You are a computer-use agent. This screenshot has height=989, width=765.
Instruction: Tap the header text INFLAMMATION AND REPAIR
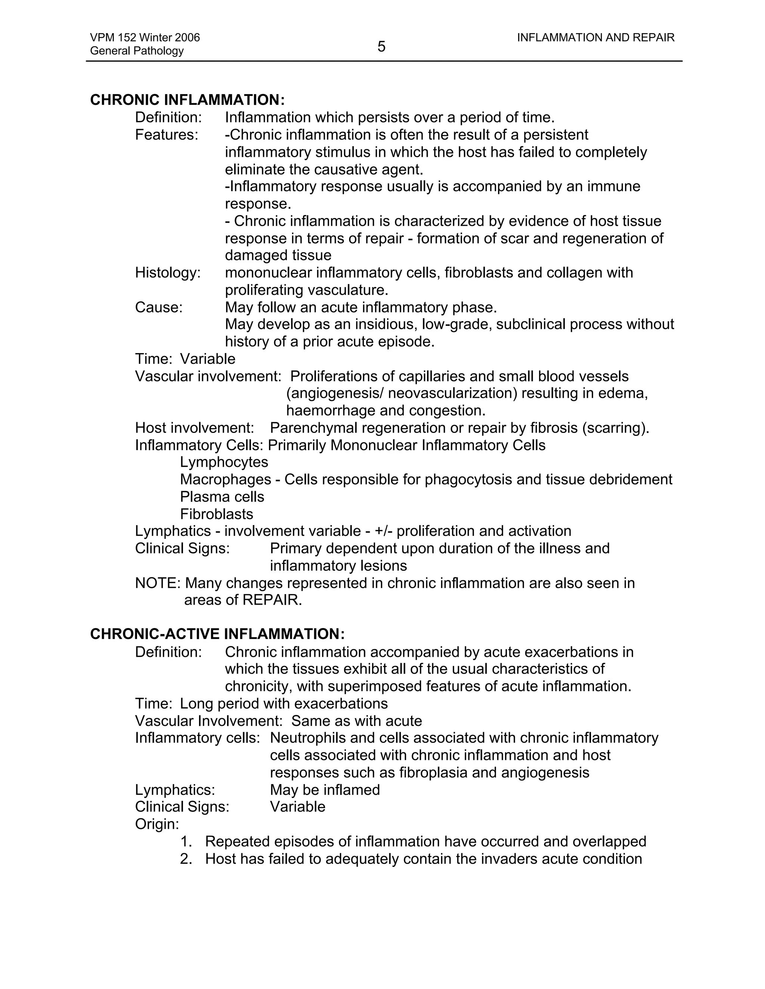[595, 38]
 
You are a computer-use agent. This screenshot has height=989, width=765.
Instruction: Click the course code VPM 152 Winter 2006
[145, 38]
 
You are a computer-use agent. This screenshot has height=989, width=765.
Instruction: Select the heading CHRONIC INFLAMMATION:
[187, 100]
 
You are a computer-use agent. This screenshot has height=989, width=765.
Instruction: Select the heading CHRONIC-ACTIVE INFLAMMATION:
[217, 634]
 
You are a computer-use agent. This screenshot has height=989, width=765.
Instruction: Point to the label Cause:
[159, 308]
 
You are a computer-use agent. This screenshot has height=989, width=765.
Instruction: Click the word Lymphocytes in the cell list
[224, 462]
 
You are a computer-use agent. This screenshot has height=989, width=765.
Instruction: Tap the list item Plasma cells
[222, 497]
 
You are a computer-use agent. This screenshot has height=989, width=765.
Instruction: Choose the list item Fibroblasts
[216, 514]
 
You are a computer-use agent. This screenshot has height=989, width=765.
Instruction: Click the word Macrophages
[225, 479]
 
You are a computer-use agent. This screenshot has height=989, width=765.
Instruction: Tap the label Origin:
[157, 824]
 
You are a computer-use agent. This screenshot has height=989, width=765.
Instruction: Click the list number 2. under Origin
[186, 859]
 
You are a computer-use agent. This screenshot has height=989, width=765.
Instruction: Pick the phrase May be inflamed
[325, 790]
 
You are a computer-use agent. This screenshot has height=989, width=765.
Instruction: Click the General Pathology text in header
[136, 51]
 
